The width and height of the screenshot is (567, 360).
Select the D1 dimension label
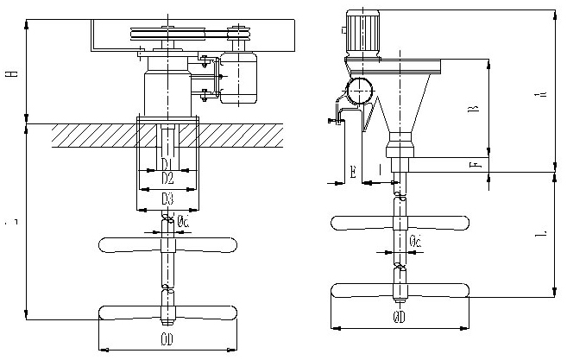(x=167, y=164)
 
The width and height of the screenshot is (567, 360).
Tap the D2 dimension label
(x=167, y=179)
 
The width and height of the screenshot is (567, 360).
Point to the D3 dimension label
(x=167, y=199)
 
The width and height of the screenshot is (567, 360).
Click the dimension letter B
(x=472, y=110)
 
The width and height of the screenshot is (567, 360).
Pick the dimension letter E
(x=355, y=172)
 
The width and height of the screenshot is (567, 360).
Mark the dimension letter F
(x=472, y=164)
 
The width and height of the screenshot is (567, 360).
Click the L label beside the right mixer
(x=540, y=233)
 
